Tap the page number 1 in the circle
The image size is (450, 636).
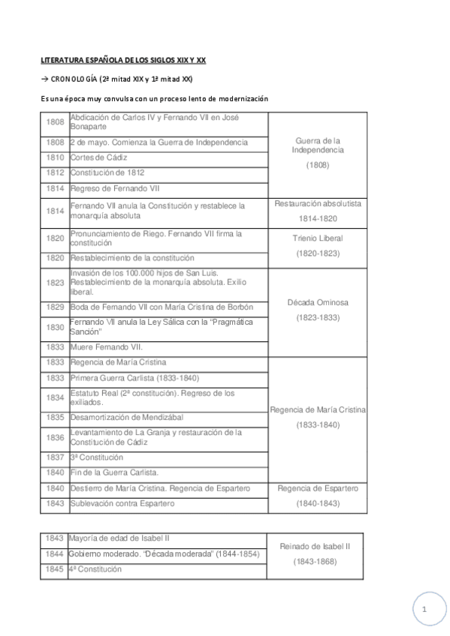tap(424, 610)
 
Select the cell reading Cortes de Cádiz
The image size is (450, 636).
tap(98, 157)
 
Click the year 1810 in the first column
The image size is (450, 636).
tap(55, 157)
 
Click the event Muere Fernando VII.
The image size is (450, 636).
tap(106, 347)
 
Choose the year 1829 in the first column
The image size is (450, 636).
tap(55, 307)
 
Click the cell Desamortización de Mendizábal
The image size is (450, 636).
tap(127, 417)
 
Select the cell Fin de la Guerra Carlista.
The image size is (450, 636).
tap(114, 472)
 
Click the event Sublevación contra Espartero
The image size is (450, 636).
tap(123, 503)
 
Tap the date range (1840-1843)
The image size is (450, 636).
tap(318, 503)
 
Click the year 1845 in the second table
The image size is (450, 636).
tap(55, 569)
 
